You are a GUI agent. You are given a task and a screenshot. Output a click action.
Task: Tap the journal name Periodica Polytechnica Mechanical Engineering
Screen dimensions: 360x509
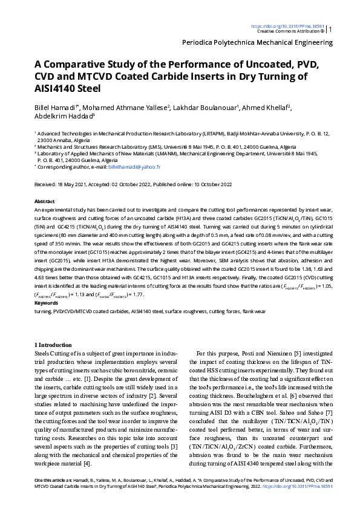tap(257, 44)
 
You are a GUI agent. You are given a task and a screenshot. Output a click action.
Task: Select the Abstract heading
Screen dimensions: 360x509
tap(45, 201)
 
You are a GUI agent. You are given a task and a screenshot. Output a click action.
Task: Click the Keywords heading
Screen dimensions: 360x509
tap(47, 303)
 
